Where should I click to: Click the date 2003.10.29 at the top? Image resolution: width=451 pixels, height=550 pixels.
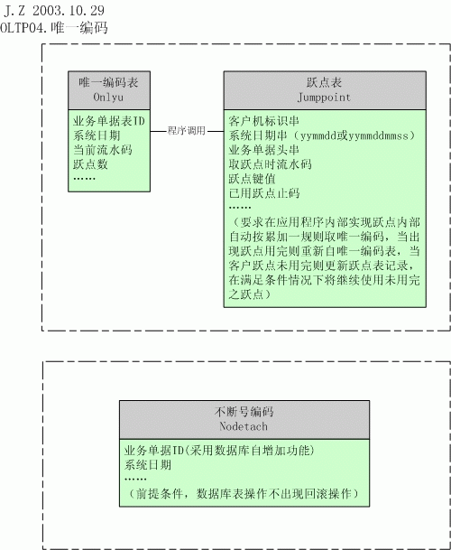(69, 11)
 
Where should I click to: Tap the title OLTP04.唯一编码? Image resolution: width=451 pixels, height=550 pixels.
(53, 28)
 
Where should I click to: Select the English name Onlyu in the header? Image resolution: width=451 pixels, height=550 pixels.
(108, 97)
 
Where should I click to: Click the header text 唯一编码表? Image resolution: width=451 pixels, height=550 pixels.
(108, 82)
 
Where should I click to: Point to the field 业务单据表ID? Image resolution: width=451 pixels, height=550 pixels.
(109, 121)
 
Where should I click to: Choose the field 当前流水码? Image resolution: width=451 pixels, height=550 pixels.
(103, 150)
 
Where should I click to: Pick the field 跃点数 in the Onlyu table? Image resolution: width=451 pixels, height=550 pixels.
(90, 164)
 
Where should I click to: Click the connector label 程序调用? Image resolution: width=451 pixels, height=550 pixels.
(187, 130)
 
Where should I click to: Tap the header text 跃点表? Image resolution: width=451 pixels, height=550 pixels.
(324, 82)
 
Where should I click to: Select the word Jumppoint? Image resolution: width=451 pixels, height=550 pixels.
(324, 98)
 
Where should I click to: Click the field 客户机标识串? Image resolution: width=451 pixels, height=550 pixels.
(264, 121)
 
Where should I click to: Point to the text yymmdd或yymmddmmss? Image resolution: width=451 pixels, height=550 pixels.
(354, 135)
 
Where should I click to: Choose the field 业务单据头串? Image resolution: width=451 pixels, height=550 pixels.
(264, 150)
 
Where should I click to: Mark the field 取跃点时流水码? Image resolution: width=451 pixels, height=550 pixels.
(270, 164)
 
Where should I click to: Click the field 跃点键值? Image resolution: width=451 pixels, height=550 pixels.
(252, 179)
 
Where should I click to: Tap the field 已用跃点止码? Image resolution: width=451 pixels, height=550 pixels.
(264, 193)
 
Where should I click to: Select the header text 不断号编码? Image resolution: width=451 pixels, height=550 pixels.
(244, 412)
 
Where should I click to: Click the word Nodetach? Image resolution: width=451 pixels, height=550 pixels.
(244, 426)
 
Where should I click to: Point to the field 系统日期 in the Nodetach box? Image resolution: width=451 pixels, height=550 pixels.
(148, 465)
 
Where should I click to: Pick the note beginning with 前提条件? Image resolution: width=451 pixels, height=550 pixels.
(244, 493)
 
